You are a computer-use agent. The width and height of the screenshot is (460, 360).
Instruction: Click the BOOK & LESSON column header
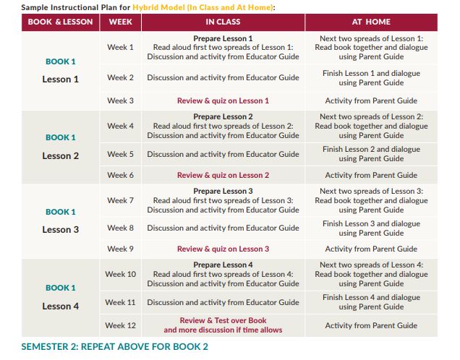coord(61,22)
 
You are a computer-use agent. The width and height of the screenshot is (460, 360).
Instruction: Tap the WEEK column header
coord(120,22)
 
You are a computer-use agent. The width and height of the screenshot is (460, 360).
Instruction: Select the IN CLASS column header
coord(223,22)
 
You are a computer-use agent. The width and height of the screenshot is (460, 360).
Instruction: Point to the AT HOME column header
coord(371,22)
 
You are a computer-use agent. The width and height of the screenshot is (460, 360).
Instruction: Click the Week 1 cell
coord(121,47)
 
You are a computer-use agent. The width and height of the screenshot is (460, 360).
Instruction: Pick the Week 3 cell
coord(121,100)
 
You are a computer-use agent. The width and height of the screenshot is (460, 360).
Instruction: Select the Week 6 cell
coord(121,175)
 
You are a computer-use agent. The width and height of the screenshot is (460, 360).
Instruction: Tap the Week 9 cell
coord(121,249)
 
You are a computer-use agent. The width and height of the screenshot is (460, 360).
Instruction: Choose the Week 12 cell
coord(121,325)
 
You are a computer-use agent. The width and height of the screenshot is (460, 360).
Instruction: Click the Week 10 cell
coord(121,274)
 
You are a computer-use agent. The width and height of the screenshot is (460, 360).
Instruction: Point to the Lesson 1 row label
coord(61,80)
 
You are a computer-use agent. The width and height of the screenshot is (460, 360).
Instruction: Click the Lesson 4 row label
coord(61,306)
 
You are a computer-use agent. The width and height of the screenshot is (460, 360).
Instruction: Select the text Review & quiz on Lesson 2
coord(223,175)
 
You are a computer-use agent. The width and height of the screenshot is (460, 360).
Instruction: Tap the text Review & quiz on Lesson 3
coord(223,249)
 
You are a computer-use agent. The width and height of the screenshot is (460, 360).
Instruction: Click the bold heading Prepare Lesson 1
coord(223,38)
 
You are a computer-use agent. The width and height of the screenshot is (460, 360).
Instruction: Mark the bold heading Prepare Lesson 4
coord(223,265)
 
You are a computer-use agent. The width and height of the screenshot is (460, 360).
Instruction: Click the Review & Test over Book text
coord(223,320)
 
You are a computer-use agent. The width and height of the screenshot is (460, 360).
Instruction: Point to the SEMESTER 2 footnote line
coord(115,346)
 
